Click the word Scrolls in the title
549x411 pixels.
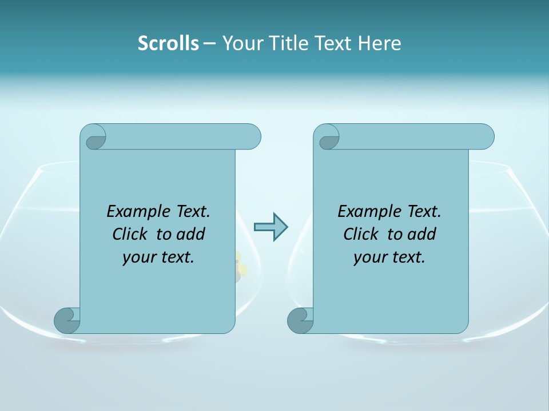168,43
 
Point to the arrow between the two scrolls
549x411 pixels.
270,227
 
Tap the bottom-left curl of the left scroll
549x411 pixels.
66,320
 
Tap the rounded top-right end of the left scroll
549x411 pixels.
252,136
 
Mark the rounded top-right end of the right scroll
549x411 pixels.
485,136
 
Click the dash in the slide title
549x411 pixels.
210,43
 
